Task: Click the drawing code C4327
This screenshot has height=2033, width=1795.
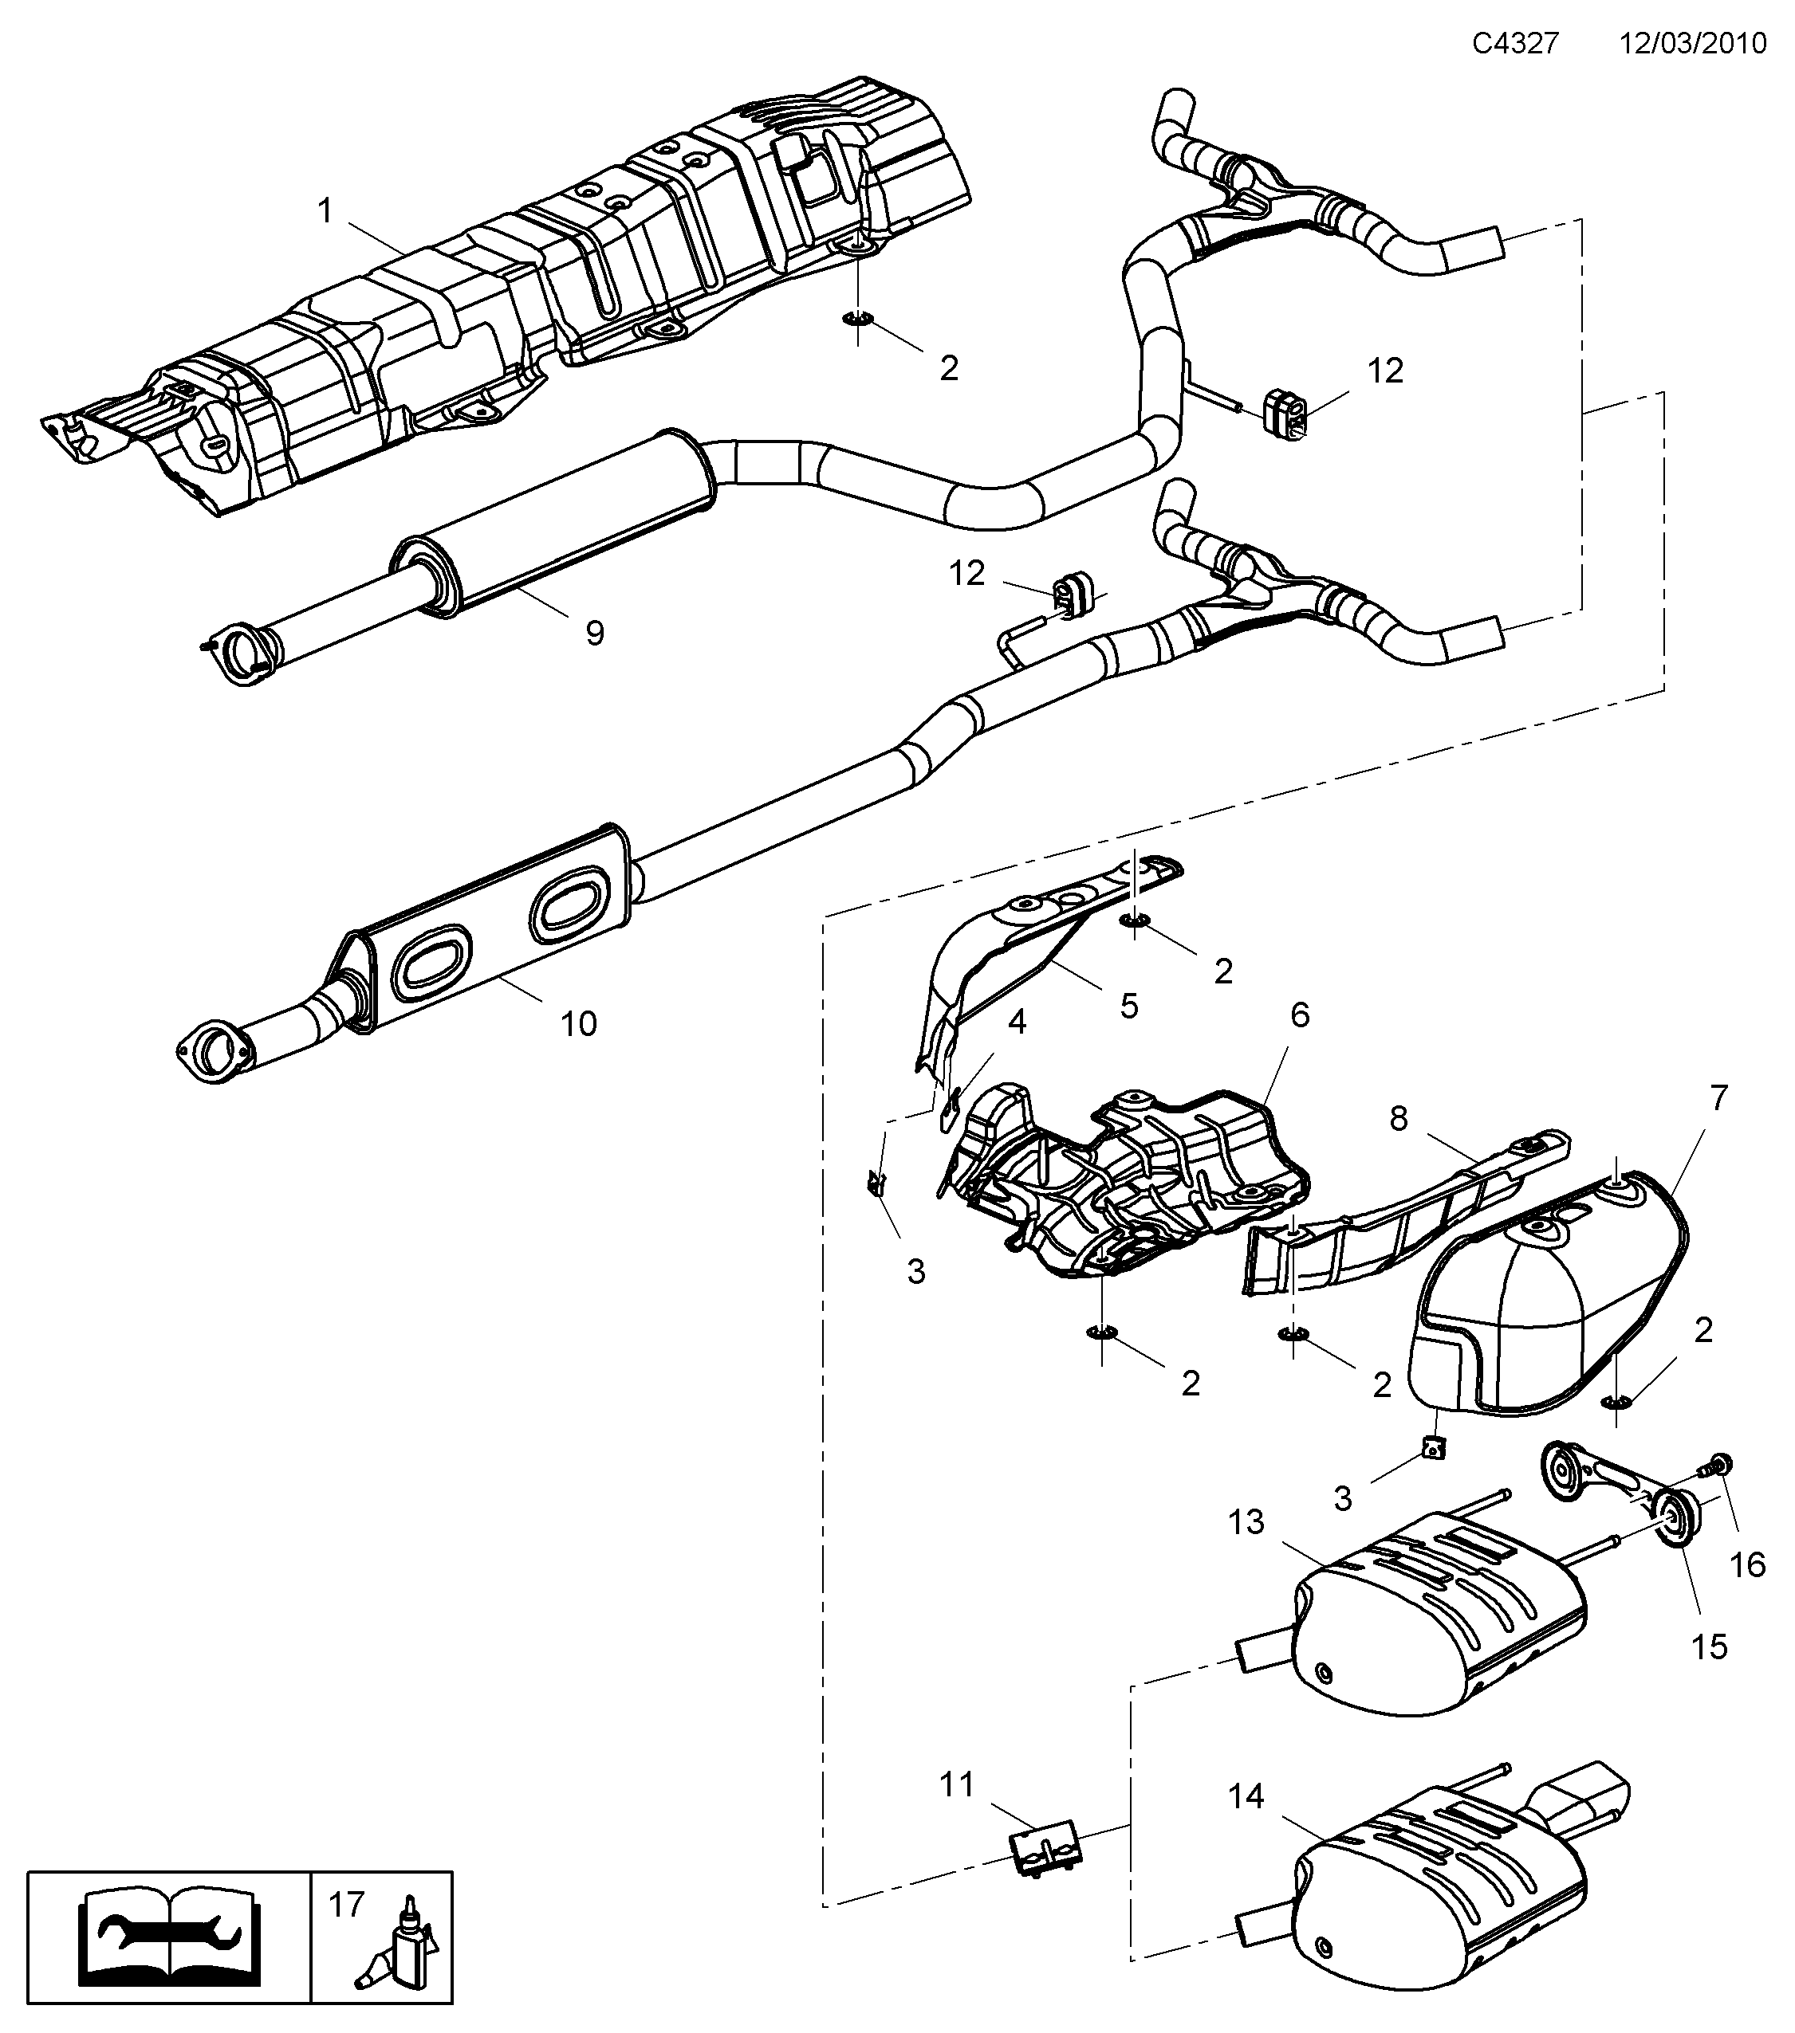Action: click(1515, 44)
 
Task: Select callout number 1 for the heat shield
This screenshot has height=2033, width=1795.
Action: click(325, 211)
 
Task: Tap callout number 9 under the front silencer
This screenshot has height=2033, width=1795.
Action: click(594, 633)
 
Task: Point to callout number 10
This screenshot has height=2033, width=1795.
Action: click(578, 1023)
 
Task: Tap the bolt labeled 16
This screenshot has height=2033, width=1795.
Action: click(1719, 1492)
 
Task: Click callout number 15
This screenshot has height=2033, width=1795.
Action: click(1710, 1647)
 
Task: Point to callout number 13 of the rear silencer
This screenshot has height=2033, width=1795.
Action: click(1245, 1522)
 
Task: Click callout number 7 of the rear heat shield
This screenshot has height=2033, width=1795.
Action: click(1718, 1098)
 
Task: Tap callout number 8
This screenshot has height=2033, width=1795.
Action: click(1398, 1119)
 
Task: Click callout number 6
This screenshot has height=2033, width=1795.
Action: click(1300, 1015)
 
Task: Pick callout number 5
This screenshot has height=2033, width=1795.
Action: click(1128, 1006)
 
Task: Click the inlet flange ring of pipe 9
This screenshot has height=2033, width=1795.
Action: click(241, 653)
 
